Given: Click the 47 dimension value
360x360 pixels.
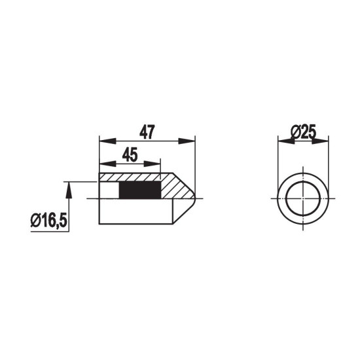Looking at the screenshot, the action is (147, 132).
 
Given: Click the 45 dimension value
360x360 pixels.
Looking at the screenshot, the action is (130, 154).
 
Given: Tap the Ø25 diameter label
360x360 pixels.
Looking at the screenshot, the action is (303, 132).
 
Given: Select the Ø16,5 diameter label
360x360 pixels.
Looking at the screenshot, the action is (48, 221).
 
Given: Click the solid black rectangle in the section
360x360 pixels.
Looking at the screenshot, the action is (140, 190).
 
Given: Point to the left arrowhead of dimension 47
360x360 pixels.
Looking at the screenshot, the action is (107, 141).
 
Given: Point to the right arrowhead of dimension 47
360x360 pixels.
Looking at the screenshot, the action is (187, 141).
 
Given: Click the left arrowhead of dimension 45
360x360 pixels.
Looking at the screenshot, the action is (107, 164).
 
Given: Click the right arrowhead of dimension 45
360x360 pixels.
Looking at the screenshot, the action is (152, 164).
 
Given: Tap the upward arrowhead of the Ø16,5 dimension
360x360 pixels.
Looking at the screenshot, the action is (69, 190).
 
